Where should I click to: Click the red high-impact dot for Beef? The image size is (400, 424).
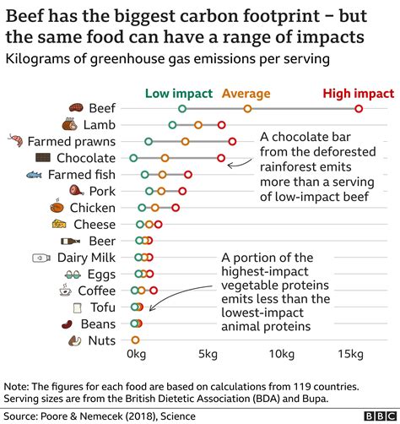coord(359,109)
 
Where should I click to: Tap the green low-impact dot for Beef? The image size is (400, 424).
coord(182,109)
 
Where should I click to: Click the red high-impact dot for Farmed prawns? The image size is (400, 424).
coord(232,142)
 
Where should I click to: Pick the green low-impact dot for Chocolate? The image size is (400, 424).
coord(133,158)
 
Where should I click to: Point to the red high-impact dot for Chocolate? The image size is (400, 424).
coord(221,158)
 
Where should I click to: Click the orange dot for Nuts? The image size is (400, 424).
coord(135,340)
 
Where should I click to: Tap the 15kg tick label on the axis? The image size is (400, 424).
coord(351,353)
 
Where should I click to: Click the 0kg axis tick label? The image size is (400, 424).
coord(137,353)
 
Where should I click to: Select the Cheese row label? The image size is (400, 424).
coord(95,224)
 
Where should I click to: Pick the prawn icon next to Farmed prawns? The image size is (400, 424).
coord(14,142)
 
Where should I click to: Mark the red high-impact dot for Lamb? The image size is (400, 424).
coord(222,125)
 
